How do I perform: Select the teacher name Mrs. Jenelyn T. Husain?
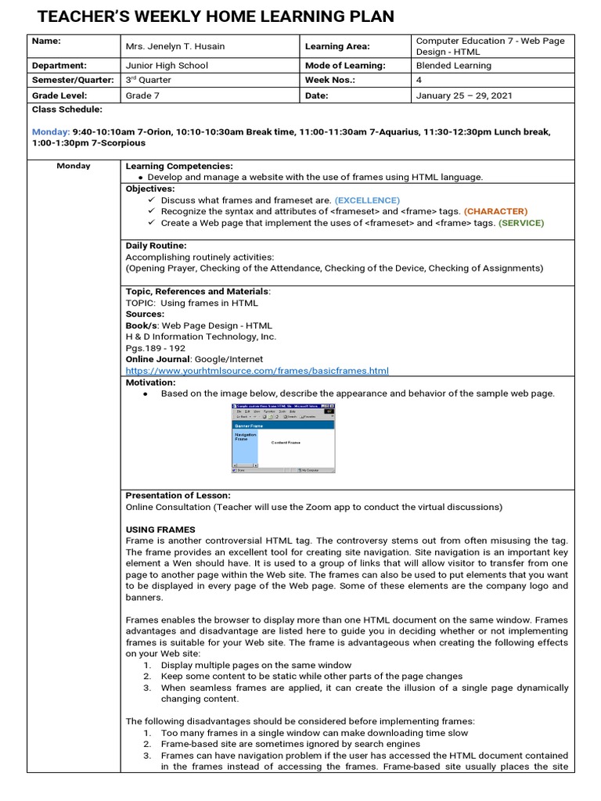coord(175,46)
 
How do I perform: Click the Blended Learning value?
coord(454,66)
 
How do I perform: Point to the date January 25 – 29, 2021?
coord(464,95)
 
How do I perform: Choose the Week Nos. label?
coord(330,81)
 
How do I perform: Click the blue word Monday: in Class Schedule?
coord(51,132)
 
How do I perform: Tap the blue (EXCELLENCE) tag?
coord(367,200)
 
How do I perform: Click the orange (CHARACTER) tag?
coord(495,211)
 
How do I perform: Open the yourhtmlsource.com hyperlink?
coord(257,370)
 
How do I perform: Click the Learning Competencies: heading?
coord(179,166)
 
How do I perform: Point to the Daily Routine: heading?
coord(156,246)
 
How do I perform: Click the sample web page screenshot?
coord(283,439)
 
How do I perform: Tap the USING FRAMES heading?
coord(160,530)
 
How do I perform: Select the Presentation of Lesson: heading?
coord(178,495)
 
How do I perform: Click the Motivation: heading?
coord(150,383)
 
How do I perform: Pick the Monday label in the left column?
coord(74,166)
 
